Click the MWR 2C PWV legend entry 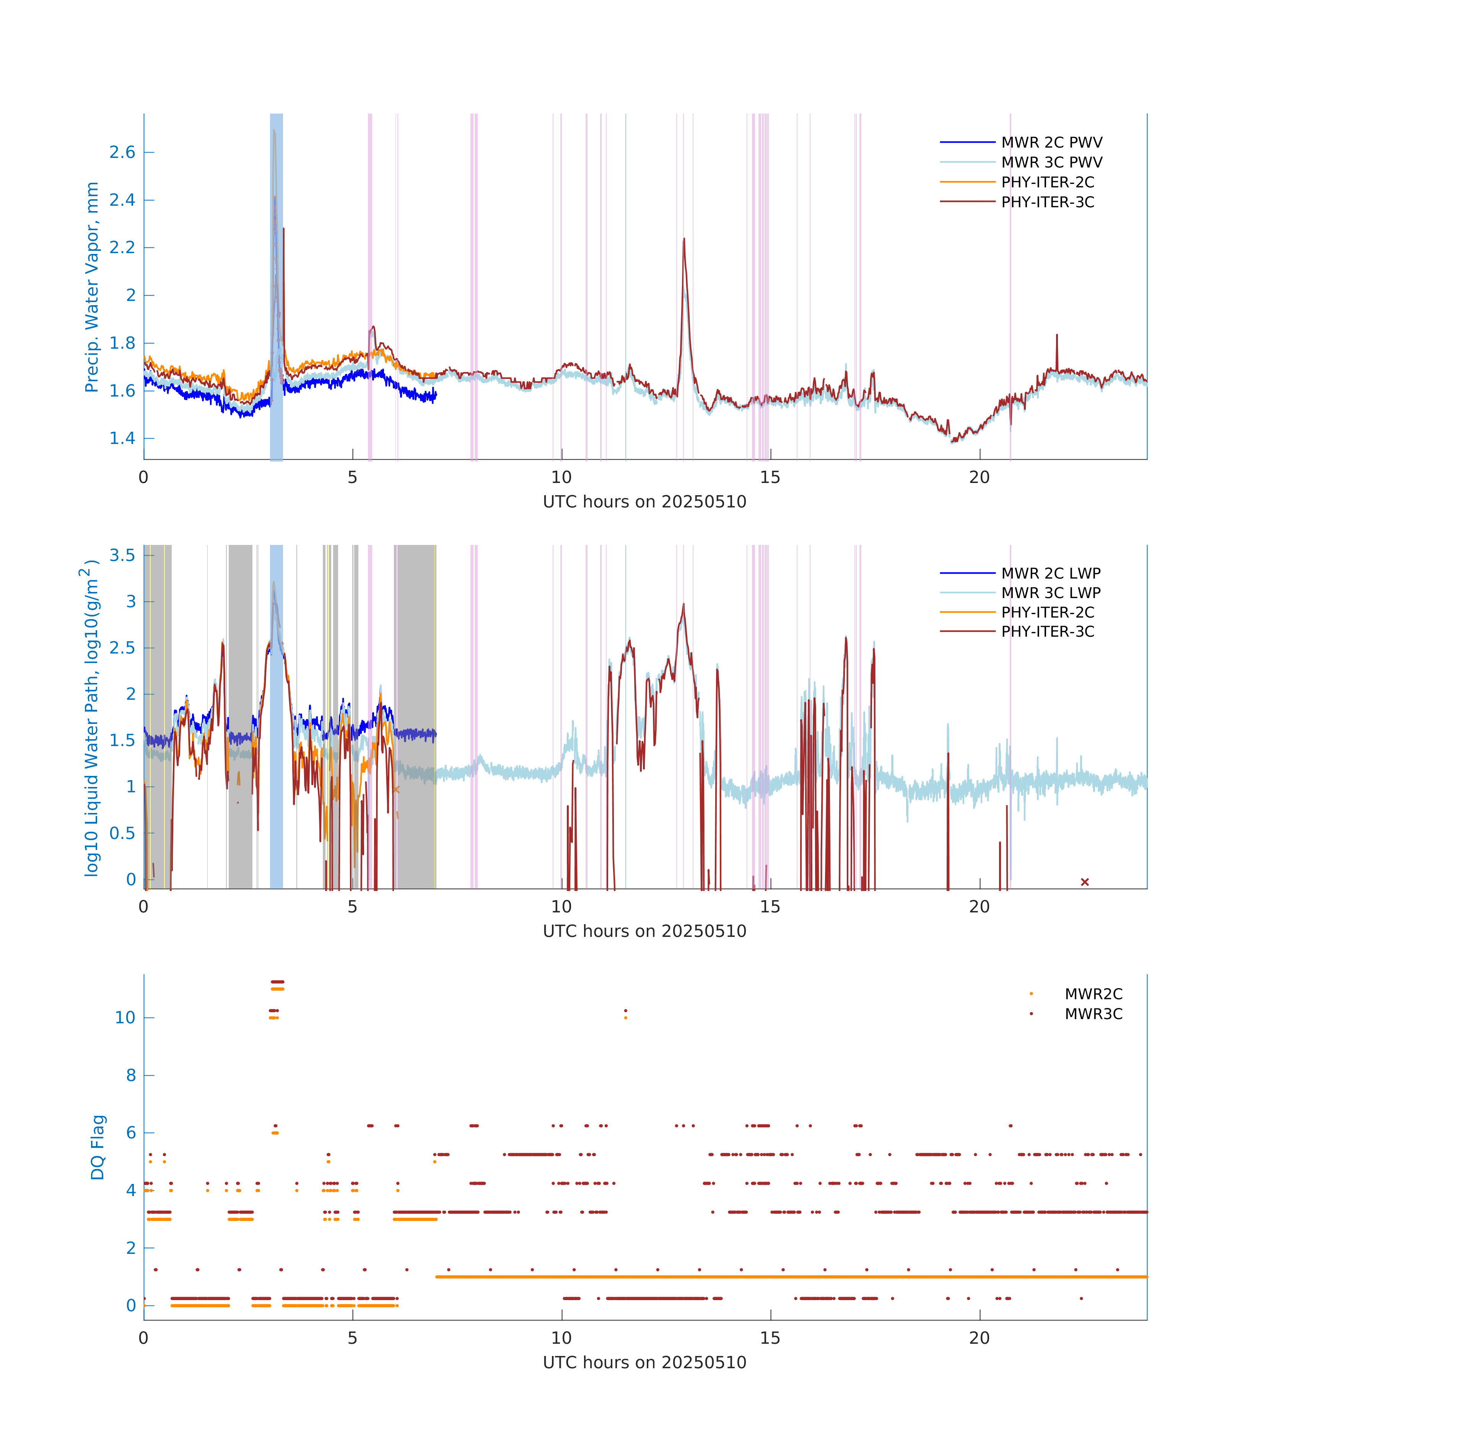pos(1051,142)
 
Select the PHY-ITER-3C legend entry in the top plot pos(1047,202)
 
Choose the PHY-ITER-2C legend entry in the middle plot pos(1047,612)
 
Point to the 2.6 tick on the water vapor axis pos(122,152)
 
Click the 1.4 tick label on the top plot pos(122,438)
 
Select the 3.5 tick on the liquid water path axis pos(122,555)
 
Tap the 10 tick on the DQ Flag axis pos(125,1018)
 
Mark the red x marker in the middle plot pos(1085,882)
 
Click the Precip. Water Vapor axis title pos(92,287)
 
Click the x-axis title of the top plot pos(644,502)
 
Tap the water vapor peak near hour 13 pos(684,239)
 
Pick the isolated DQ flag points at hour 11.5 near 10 pos(625,1014)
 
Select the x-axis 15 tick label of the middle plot pos(770,907)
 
